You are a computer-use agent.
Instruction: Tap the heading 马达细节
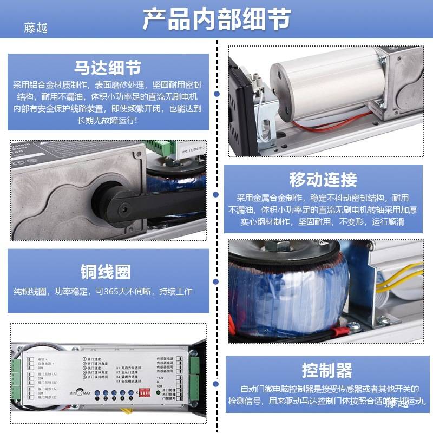[x=108, y=68]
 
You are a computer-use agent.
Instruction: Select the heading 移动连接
[x=323, y=180]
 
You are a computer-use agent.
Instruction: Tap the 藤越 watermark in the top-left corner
[x=36, y=27]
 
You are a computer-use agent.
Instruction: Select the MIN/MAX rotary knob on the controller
[x=80, y=391]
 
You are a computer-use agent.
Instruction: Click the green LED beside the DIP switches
[x=160, y=390]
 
